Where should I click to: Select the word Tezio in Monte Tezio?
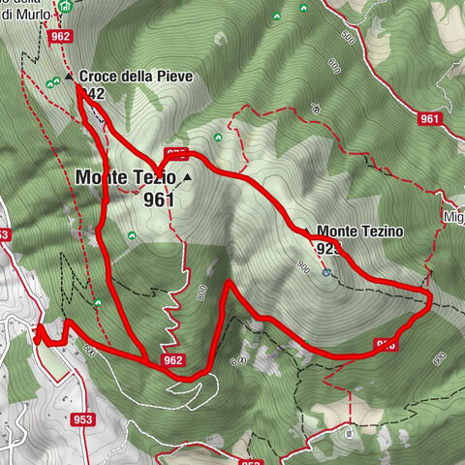[156, 178]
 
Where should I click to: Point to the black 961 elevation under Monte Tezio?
[158, 200]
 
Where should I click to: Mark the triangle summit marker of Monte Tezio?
[186, 179]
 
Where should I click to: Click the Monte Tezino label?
[359, 232]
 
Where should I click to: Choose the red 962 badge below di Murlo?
[60, 36]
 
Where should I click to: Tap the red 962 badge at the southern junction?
[172, 360]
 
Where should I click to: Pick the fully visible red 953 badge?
[82, 419]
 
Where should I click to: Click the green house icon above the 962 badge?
[65, 7]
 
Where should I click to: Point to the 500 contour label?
[348, 38]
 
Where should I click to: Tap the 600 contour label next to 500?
[334, 67]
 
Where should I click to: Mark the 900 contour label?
[304, 266]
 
